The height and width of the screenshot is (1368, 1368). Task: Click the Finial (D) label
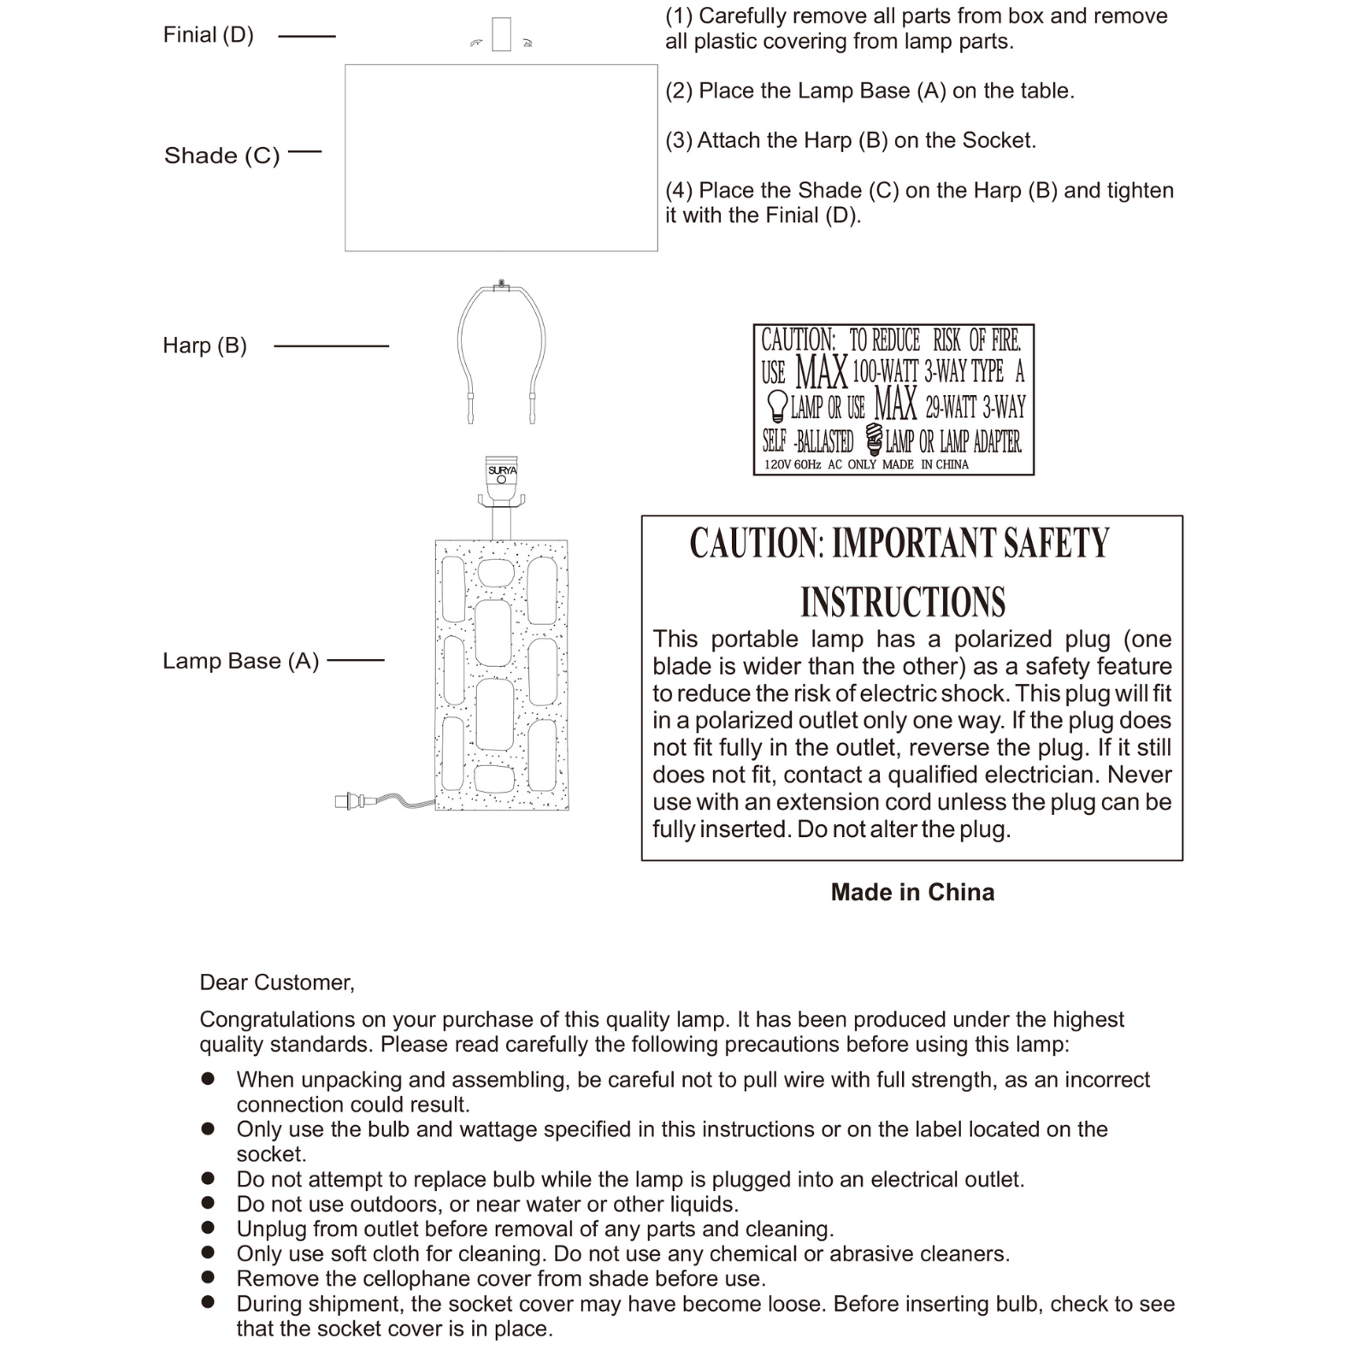click(208, 35)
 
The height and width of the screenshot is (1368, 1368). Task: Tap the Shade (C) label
click(221, 156)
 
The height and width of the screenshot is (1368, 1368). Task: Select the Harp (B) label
click(204, 345)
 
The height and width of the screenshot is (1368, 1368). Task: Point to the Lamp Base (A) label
click(240, 661)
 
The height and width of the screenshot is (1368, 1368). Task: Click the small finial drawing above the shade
click(502, 35)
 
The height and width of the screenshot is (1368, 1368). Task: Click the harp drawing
click(502, 351)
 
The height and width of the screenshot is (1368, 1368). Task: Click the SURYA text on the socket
click(502, 470)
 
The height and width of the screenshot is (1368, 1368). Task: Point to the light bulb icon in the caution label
click(776, 406)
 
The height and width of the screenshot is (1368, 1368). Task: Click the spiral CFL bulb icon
click(873, 439)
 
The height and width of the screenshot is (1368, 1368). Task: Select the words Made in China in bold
click(912, 893)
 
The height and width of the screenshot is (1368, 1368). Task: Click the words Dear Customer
click(276, 982)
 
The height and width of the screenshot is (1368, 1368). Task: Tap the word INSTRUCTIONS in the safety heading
click(903, 602)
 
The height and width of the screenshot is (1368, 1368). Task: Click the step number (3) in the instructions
click(679, 140)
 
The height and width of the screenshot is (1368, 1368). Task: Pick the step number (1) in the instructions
click(679, 16)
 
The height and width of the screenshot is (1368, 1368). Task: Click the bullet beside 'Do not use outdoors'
click(208, 1203)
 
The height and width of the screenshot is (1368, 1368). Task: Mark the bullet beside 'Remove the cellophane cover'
click(208, 1277)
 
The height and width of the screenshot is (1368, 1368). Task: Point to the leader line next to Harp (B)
click(331, 346)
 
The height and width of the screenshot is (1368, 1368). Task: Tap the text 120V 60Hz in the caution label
click(793, 464)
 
